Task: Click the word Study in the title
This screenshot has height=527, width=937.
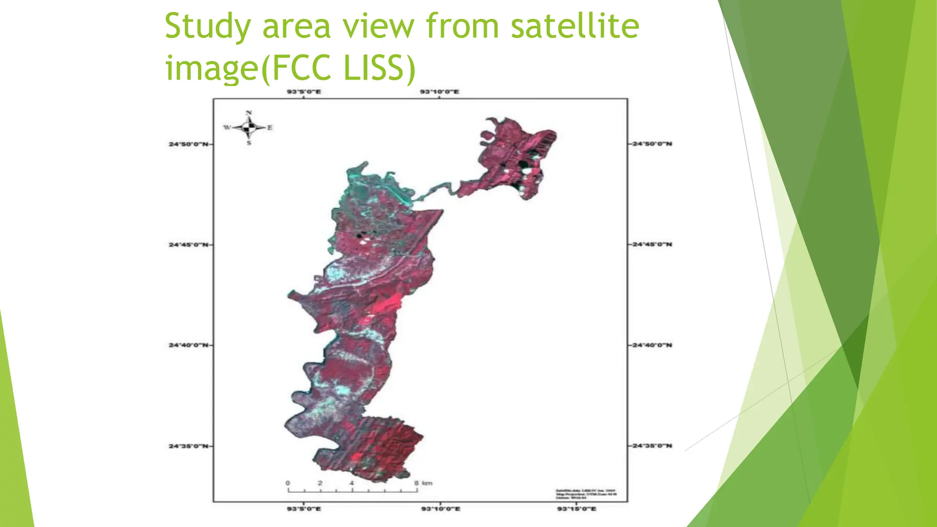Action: point(208,27)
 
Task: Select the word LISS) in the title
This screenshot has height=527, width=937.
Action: point(379,68)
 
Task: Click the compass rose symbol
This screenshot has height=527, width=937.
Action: point(249,128)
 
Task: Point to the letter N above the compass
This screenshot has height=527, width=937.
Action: point(249,113)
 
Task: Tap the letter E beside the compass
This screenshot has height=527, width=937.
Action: point(270,128)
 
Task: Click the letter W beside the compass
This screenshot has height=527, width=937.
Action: point(227,127)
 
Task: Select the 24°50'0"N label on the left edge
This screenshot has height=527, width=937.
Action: point(188,144)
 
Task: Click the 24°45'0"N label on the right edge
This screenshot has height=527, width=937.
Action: point(652,244)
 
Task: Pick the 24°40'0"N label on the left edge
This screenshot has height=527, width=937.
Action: point(188,345)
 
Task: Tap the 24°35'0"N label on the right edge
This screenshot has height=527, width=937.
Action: point(652,446)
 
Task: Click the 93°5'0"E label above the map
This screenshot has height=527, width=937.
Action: point(304,91)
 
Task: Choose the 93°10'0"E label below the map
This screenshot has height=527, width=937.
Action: point(441,509)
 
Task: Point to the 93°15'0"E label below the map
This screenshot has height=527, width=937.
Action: point(576,509)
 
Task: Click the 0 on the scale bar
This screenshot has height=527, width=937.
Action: point(288,483)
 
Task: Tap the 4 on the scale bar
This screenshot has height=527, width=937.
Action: point(351,483)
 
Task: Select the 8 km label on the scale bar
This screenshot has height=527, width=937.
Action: point(423,483)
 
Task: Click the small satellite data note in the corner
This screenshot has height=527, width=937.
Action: point(586,494)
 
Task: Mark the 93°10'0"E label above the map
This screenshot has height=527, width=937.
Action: point(440,91)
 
